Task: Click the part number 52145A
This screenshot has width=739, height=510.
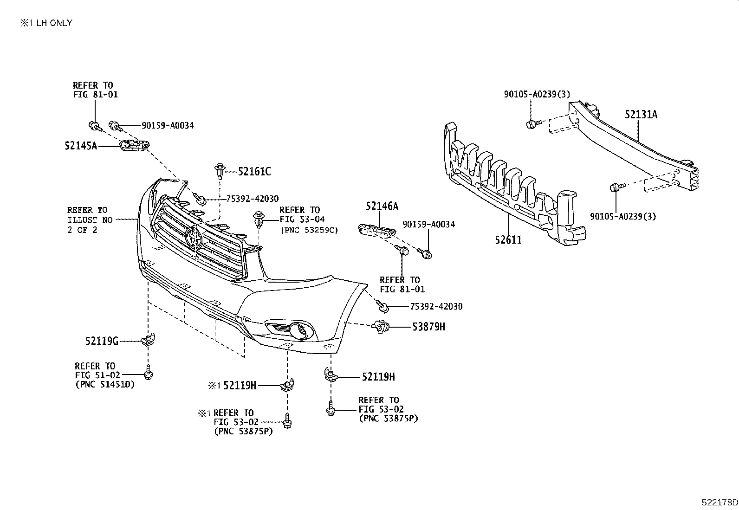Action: [x=81, y=146]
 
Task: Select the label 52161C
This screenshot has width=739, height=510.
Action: [x=254, y=172]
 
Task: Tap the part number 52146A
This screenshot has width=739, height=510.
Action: [x=382, y=206]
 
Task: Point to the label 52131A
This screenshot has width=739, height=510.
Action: [x=641, y=114]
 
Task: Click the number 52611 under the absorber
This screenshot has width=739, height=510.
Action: [x=508, y=240]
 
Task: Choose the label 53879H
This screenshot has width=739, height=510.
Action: [x=428, y=327]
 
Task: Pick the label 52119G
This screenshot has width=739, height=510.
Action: [x=102, y=342]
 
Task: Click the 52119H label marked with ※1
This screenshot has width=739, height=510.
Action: [x=240, y=385]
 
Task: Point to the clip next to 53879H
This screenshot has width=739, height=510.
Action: [x=380, y=327]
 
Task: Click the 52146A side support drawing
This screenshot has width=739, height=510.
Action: [x=377, y=230]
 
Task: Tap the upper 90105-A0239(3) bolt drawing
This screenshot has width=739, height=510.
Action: [x=532, y=124]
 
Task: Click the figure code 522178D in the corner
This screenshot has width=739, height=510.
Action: [x=719, y=503]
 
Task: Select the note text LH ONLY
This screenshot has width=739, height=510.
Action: [x=54, y=23]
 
